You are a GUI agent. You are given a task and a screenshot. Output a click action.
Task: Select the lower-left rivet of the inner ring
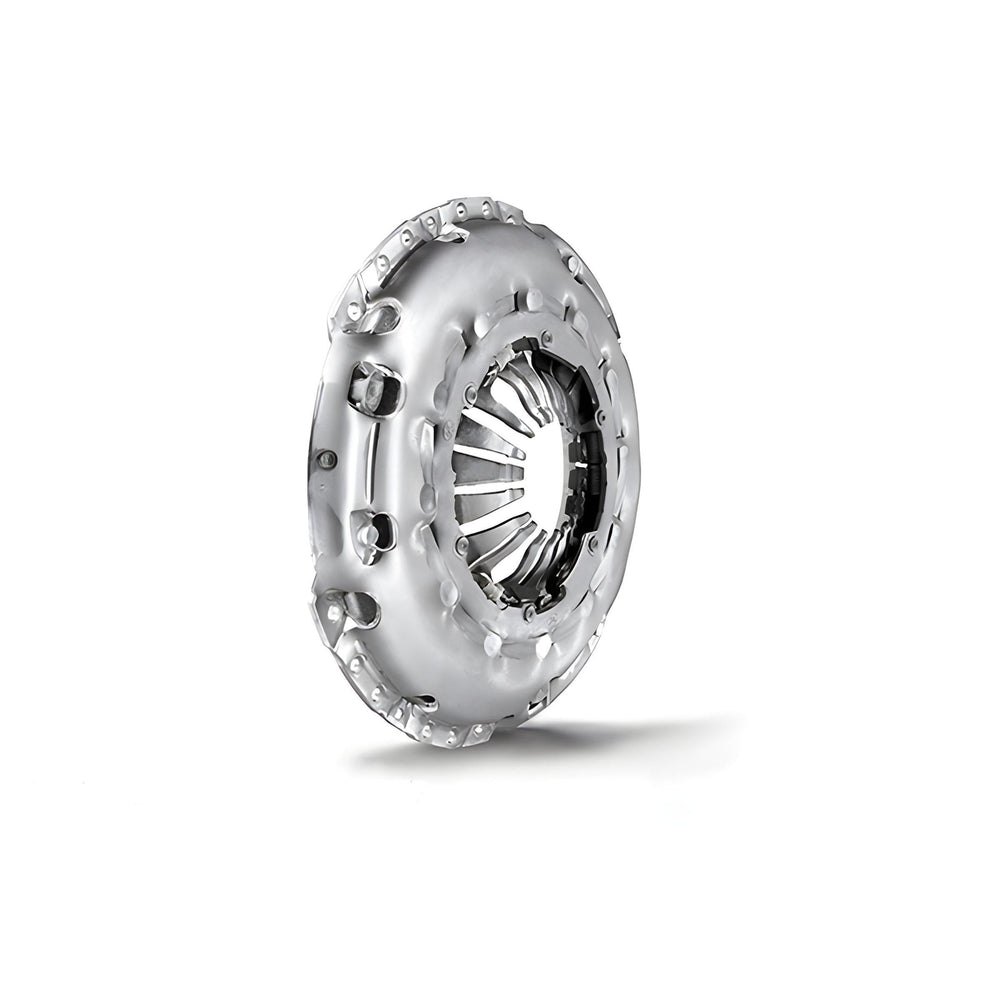pyautogui.click(x=461, y=543)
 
